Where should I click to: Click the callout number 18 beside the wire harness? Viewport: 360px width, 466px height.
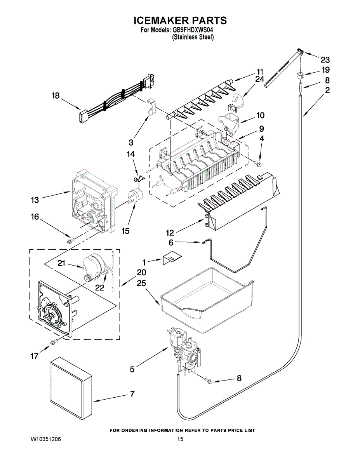56,96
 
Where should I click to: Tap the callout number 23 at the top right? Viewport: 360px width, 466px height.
325,60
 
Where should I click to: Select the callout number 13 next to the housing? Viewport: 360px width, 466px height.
35,200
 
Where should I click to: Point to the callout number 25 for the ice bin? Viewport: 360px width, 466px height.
141,283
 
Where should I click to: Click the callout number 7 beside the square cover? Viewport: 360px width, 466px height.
132,394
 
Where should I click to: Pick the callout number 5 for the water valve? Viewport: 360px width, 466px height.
132,369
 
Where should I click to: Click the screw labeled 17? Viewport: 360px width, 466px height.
54,341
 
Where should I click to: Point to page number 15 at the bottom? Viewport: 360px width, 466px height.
180,439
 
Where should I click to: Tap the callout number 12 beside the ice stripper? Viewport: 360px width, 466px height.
170,233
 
